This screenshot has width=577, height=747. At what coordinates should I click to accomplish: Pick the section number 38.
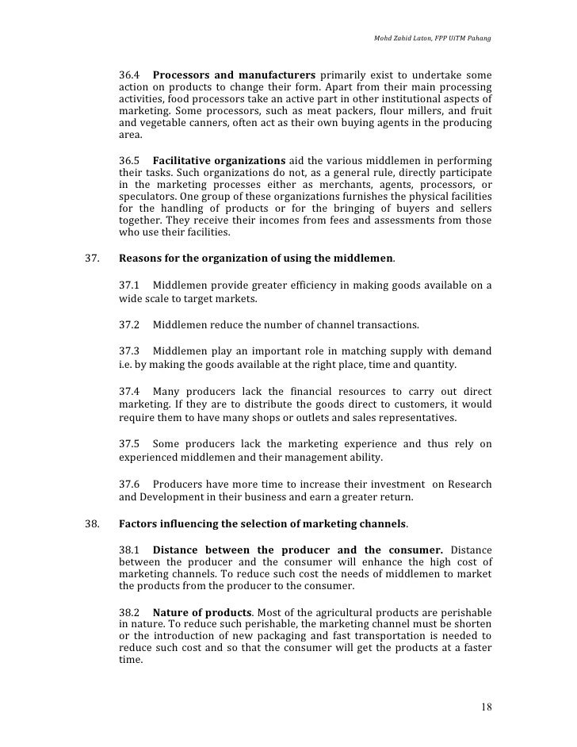[x=92, y=525]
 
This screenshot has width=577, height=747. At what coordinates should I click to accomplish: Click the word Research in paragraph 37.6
[x=469, y=484]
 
